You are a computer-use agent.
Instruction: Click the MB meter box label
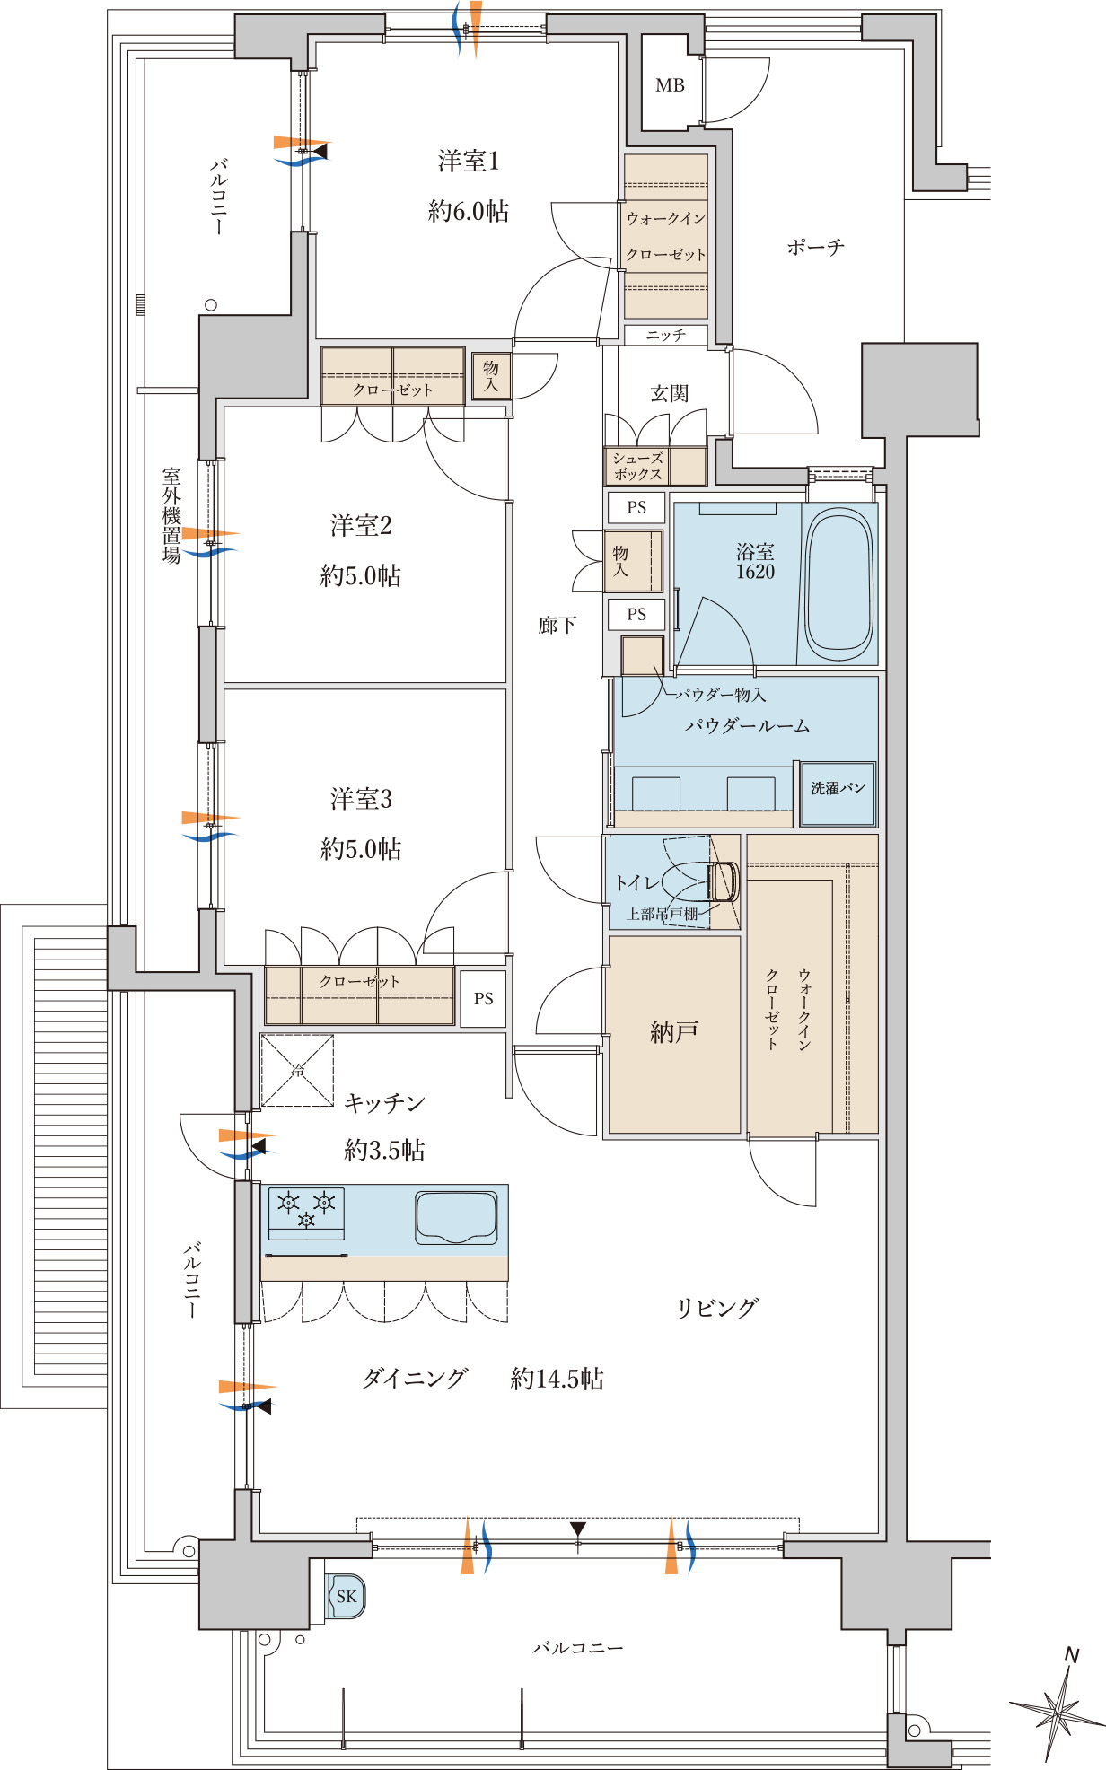coord(670,85)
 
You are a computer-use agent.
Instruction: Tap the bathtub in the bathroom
coord(838,584)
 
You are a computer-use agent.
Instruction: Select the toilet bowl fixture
coord(701,882)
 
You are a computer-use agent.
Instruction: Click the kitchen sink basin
coord(456,1217)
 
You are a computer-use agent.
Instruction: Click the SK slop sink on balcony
coord(346,1597)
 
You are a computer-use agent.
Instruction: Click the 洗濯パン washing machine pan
coord(838,793)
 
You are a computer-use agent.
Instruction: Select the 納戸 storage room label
coord(674,1032)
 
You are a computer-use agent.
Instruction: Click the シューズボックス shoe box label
coord(638,466)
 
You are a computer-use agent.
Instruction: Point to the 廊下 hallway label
coord(557,625)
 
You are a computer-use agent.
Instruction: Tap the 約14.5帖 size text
coord(557,1379)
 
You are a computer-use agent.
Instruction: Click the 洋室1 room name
coord(469,162)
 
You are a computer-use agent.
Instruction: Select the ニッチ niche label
coord(665,335)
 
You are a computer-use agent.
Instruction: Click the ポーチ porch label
coord(816,247)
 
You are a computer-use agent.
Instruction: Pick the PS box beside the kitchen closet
coord(484,998)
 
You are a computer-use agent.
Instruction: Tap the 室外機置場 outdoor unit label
coord(171,514)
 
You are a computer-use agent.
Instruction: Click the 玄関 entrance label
coord(670,393)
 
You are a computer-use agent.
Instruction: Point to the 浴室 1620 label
coord(755,562)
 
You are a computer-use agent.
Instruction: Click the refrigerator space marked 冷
coord(297,1070)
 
